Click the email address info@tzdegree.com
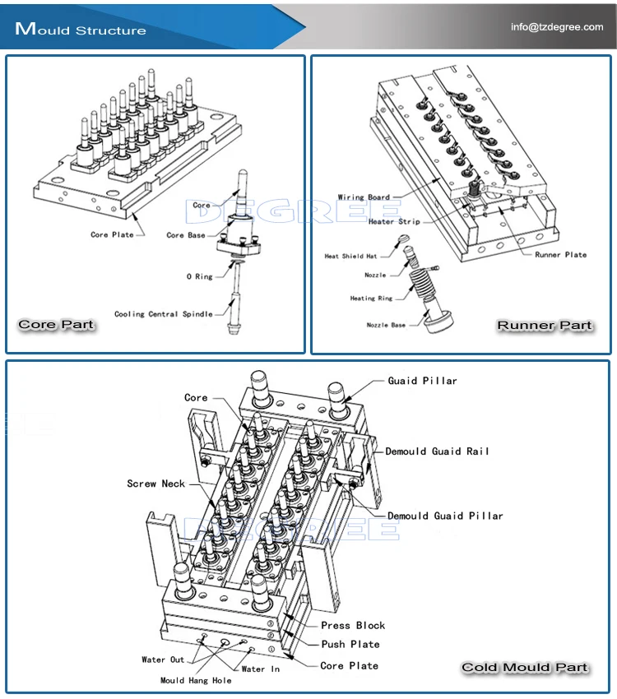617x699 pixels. point(557,27)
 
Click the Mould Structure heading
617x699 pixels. point(81,30)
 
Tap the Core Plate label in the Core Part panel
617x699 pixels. point(112,235)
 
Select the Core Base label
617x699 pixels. point(186,235)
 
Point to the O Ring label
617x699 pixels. point(199,277)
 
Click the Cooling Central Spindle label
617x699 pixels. point(164,314)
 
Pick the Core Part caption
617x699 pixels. point(56,325)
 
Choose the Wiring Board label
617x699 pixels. point(364,197)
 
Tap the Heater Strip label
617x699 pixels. point(394,222)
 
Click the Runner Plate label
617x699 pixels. point(561,255)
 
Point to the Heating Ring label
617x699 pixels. point(372,299)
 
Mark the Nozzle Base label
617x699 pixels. point(386,326)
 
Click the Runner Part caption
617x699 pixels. point(544,326)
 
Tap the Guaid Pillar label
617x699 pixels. point(422,381)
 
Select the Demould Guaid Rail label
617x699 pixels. point(438,451)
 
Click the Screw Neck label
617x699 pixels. point(156,484)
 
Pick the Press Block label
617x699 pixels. point(353,626)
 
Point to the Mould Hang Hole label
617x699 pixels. point(196,681)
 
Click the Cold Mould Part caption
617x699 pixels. point(525,667)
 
